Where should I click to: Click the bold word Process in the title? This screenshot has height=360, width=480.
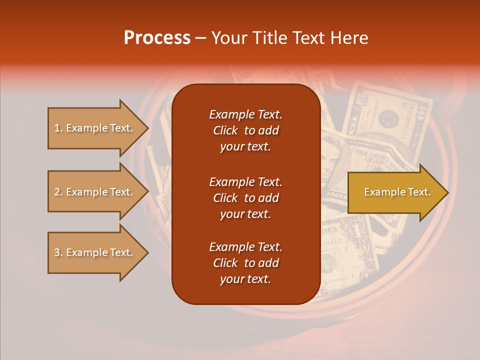click(x=157, y=38)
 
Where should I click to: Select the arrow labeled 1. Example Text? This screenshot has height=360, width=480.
click(x=95, y=128)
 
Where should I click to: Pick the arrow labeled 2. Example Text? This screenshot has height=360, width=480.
click(x=95, y=192)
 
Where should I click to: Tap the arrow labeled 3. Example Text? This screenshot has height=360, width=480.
click(x=95, y=252)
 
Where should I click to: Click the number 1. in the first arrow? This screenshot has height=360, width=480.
click(x=58, y=128)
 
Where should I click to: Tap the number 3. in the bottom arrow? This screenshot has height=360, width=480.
click(x=58, y=252)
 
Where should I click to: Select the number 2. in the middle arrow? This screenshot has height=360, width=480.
click(x=58, y=192)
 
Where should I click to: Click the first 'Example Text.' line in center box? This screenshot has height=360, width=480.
click(x=245, y=114)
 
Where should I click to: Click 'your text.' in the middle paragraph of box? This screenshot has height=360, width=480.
click(x=245, y=214)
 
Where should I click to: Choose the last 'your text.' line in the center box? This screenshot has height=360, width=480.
click(x=245, y=279)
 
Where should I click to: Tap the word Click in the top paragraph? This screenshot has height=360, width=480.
click(x=225, y=131)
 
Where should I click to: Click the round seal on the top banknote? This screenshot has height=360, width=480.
click(x=387, y=119)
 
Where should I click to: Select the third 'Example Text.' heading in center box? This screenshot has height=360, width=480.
click(x=245, y=247)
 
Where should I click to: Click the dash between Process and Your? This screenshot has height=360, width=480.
click(x=200, y=38)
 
